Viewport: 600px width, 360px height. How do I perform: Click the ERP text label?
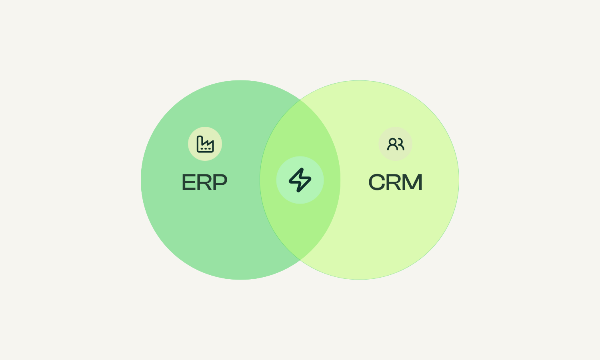204,182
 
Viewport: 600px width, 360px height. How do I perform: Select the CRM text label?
395,182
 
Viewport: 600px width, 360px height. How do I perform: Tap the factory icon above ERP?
205,144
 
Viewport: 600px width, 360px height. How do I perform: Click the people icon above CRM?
395,144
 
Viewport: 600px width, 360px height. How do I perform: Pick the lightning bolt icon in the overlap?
300,180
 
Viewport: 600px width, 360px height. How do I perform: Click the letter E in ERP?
189,182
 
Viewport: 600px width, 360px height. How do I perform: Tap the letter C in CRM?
377,182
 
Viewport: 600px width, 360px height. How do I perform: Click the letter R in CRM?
394,182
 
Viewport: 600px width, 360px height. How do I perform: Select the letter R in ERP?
204,182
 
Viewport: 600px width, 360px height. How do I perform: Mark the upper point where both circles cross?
300,100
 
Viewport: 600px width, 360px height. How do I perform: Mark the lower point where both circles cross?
300,260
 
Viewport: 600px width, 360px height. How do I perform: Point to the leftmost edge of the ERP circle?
141,180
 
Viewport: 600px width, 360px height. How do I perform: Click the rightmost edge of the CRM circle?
459,180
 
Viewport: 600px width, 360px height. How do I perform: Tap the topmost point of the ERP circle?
241,80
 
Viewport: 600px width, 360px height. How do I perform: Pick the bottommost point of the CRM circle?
359,279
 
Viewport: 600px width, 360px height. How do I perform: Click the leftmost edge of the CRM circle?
260,180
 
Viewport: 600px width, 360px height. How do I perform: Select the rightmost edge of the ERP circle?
340,180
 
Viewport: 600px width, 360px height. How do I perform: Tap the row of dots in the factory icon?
206,149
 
